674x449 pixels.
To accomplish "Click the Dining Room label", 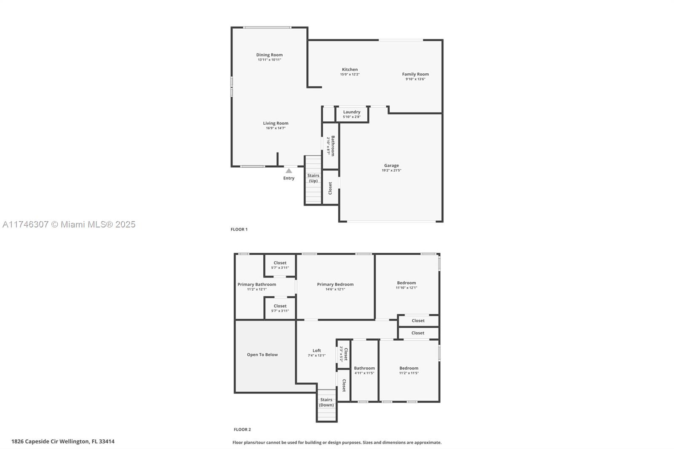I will pyautogui.click(x=269, y=55).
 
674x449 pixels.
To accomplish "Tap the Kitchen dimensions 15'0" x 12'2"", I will pyautogui.click(x=350, y=75).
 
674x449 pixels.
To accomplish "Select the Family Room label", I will pyautogui.click(x=415, y=74).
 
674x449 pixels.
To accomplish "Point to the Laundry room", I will pyautogui.click(x=352, y=114).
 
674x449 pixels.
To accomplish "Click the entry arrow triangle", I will pyautogui.click(x=289, y=171).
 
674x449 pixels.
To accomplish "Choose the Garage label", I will pyautogui.click(x=391, y=166).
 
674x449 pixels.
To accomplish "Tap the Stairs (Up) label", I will pyautogui.click(x=313, y=178).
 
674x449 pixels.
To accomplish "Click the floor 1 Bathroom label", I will pyautogui.click(x=332, y=146).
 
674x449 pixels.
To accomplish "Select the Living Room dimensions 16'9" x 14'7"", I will pyautogui.click(x=275, y=128).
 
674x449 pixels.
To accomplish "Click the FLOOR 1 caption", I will pyautogui.click(x=239, y=230).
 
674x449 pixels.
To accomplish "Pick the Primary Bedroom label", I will pyautogui.click(x=335, y=284).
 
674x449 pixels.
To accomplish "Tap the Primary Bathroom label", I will pyautogui.click(x=257, y=284).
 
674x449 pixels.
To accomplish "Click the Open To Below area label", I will pyautogui.click(x=262, y=355).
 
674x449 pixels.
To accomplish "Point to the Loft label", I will pyautogui.click(x=316, y=350).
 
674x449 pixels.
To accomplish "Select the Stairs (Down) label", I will pyautogui.click(x=326, y=402).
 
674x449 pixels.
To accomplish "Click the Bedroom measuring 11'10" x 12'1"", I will pyautogui.click(x=406, y=285).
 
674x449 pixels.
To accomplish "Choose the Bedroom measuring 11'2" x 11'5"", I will pyautogui.click(x=409, y=370).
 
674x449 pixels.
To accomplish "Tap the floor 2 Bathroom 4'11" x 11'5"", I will pyautogui.click(x=364, y=370).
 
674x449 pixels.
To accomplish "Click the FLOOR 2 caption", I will pyautogui.click(x=242, y=430).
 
